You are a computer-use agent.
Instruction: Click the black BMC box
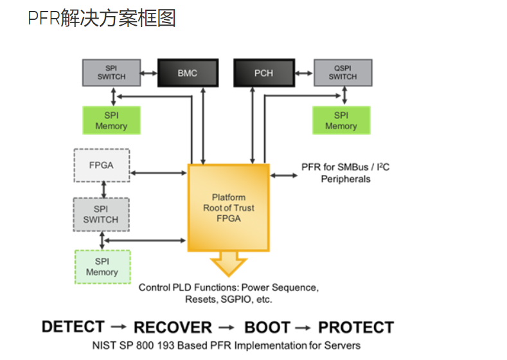point(188,73)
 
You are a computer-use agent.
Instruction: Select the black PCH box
point(263,73)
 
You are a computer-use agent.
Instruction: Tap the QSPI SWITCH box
point(342,73)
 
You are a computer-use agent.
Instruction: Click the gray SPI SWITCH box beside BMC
point(111,73)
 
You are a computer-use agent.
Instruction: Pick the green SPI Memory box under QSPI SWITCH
point(341,120)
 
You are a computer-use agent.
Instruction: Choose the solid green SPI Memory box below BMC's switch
point(111,120)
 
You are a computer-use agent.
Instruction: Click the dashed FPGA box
point(101,165)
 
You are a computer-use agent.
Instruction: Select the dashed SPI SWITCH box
point(101,214)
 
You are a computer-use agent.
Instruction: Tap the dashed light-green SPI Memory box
point(102,267)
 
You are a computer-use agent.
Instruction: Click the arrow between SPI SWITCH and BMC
point(149,73)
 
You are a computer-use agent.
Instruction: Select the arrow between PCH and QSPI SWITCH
point(303,73)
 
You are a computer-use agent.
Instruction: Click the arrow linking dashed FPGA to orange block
point(158,173)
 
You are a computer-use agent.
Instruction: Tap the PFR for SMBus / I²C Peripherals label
point(346,173)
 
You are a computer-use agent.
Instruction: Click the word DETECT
point(73,327)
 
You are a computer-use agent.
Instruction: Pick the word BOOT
point(267,327)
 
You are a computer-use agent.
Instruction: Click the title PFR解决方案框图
point(102,19)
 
